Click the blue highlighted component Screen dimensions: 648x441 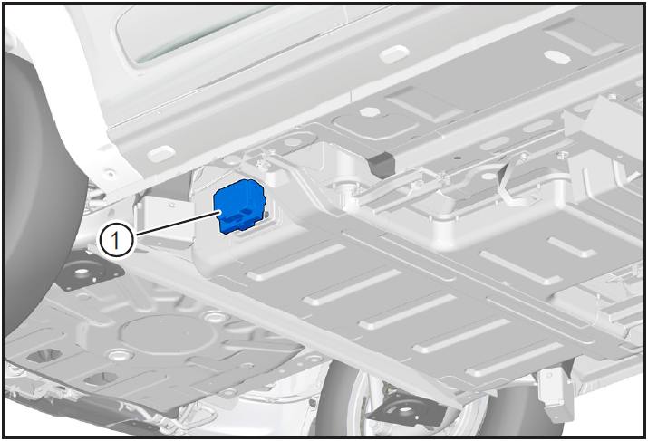[x=239, y=206]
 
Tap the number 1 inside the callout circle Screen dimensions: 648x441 [x=116, y=240]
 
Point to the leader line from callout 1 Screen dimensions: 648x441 [x=178, y=224]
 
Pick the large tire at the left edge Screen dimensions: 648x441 [x=37, y=194]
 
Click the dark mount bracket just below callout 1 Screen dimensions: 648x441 [x=89, y=272]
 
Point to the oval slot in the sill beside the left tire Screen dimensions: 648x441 [x=161, y=154]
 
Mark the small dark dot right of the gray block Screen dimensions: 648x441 [x=456, y=158]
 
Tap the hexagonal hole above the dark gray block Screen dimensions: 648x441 [x=370, y=111]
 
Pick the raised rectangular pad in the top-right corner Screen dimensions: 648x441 [x=583, y=36]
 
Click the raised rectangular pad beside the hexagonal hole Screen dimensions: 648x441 [x=423, y=103]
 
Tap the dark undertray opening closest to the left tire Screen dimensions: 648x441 [x=44, y=356]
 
